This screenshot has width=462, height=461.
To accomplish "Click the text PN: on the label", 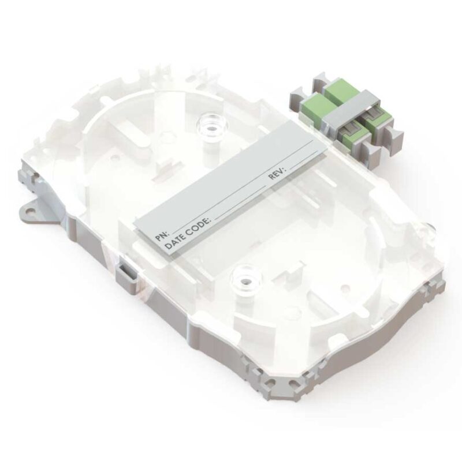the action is tap(162, 235).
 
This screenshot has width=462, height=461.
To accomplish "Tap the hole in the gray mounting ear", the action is tap(30, 211).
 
